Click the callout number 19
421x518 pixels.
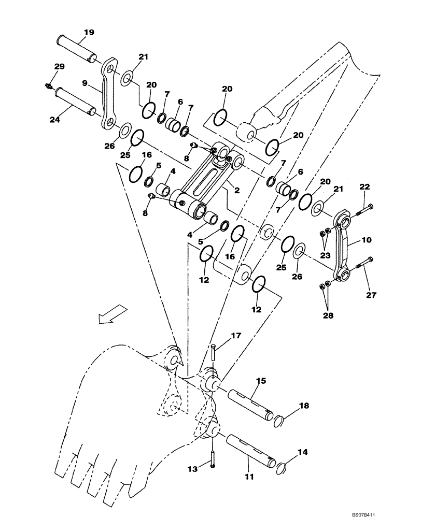pos(89,33)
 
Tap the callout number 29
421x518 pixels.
pos(60,66)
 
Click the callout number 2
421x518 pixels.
pos(236,191)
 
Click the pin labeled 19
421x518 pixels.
pos(76,48)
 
